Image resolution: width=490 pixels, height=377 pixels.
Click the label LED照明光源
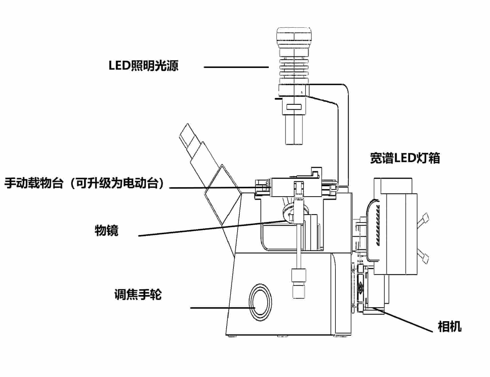tap(143, 66)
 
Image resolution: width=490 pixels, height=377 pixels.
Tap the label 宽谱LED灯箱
tap(405, 158)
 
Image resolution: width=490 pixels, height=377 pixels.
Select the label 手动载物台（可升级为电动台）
tap(85, 183)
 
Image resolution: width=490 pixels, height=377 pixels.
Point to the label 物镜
tap(106, 230)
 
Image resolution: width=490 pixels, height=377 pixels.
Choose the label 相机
tap(450, 327)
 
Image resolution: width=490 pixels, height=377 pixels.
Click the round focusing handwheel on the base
tap(260, 302)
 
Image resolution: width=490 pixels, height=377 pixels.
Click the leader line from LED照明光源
tap(236, 67)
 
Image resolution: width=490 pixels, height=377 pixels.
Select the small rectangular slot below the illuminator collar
tap(294, 107)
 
